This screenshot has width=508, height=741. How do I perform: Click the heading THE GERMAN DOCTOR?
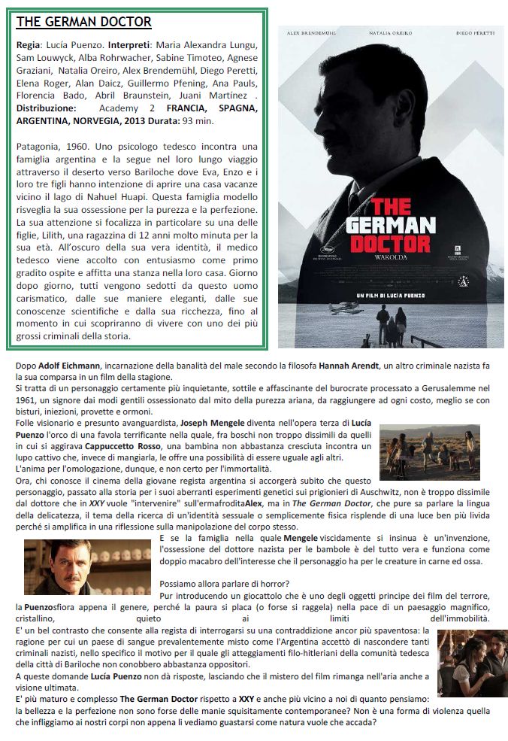(x=83, y=22)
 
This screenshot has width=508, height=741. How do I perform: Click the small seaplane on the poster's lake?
(x=343, y=309)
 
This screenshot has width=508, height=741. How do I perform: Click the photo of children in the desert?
(x=429, y=452)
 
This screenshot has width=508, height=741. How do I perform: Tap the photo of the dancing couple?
(x=472, y=662)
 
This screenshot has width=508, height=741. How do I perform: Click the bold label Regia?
(x=29, y=46)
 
